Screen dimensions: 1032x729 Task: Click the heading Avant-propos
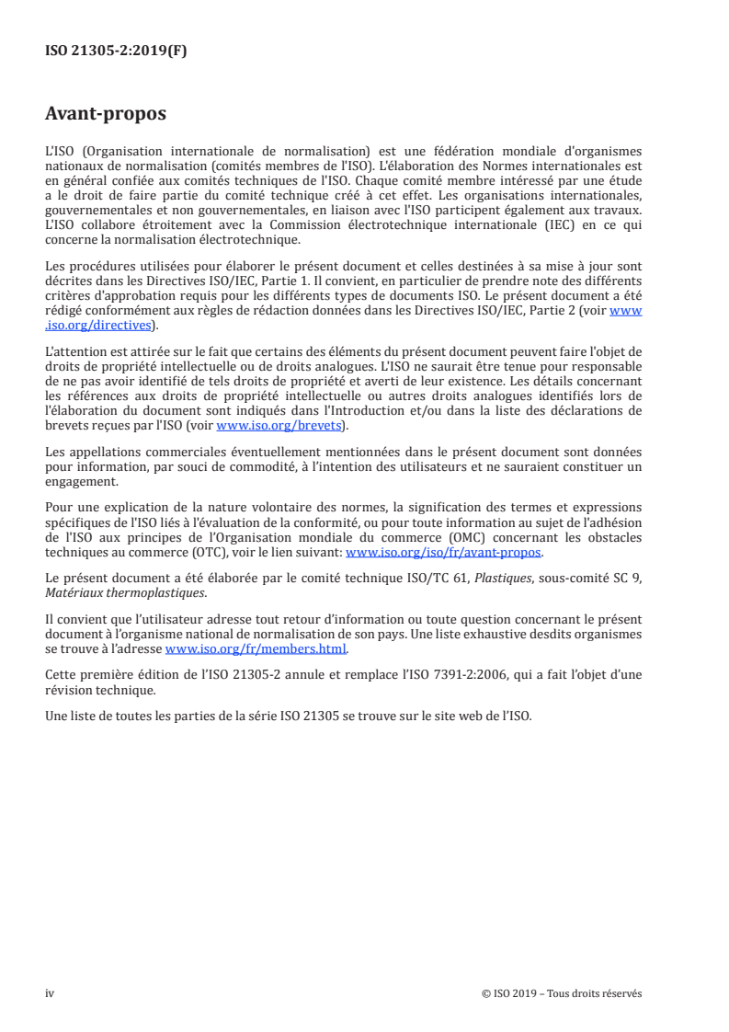[106, 114]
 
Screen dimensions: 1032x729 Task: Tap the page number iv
[50, 993]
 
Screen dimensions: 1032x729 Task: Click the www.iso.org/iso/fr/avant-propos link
[443, 553]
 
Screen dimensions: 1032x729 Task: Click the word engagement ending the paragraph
[81, 481]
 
